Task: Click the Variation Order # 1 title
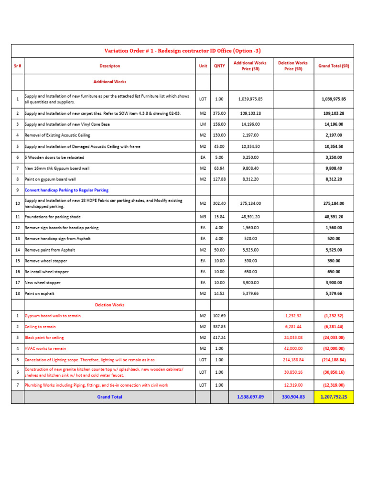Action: coord(183,51)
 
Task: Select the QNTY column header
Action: coord(219,66)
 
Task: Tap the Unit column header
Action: coord(203,66)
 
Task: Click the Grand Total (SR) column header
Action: coord(334,66)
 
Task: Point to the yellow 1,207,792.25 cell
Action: coord(334,397)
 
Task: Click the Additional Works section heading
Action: coord(110,82)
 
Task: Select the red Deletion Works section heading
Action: coord(110,304)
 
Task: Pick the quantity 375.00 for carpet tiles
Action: coord(219,113)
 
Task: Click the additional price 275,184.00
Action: coord(250,203)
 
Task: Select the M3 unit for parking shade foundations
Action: coord(203,217)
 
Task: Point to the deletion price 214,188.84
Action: coord(293,359)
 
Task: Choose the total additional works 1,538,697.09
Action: coord(250,397)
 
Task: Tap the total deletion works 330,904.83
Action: coord(293,397)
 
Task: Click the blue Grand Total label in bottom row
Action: coord(110,397)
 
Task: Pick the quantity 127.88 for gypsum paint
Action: coord(219,179)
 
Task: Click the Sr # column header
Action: coord(17,66)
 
